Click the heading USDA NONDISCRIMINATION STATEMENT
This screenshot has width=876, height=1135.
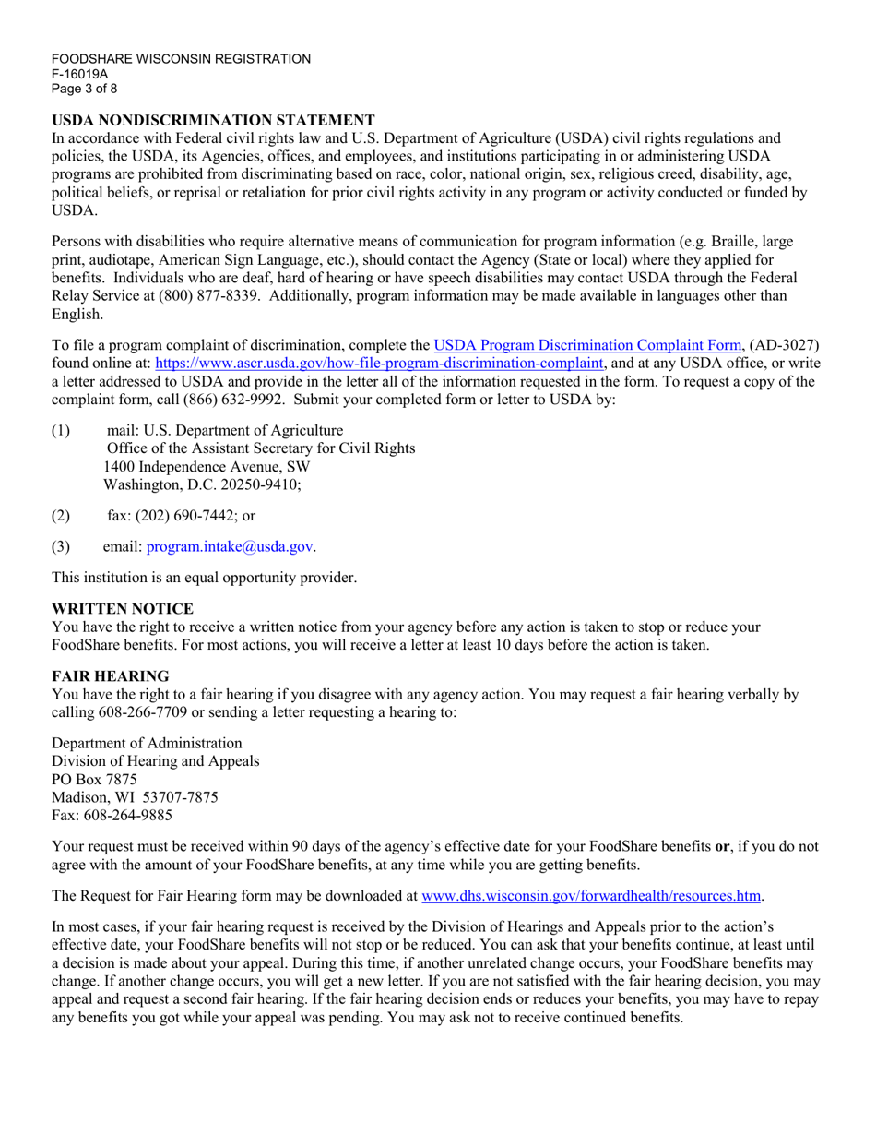coord(213,120)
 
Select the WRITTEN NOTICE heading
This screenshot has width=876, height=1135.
coord(123,609)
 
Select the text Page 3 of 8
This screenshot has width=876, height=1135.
coord(85,89)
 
